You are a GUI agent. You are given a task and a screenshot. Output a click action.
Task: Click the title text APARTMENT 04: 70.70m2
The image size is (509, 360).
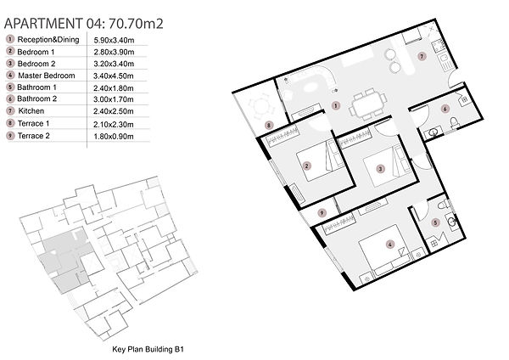coord(84,24)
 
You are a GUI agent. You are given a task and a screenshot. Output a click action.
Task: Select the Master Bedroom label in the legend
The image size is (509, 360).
coord(47,76)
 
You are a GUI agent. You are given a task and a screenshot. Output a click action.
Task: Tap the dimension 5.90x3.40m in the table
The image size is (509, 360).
coord(114,40)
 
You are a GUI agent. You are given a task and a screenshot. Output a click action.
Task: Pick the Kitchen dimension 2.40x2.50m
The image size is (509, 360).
coord(114,111)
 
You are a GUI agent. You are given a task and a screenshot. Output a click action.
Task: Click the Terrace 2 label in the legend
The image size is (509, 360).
coord(34,136)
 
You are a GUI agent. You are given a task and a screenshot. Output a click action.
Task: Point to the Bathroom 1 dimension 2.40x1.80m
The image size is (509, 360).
coord(114,88)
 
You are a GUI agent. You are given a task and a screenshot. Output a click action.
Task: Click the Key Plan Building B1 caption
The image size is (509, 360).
coord(148,349)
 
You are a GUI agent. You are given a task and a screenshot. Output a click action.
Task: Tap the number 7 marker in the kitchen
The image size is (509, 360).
coord(422,56)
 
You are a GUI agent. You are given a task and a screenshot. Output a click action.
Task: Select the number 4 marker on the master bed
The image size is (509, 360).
coord(390,245)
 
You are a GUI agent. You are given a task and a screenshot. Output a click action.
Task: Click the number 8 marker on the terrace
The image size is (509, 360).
coord(268,125)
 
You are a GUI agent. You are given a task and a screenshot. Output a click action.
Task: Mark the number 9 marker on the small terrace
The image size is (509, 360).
coord(322,213)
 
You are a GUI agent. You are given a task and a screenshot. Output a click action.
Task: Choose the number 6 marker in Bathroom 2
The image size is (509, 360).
coord(445,110)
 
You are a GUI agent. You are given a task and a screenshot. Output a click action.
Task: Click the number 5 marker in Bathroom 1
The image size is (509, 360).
coord(435,222)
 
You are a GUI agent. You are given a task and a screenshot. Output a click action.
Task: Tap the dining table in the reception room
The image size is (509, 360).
coord(368,105)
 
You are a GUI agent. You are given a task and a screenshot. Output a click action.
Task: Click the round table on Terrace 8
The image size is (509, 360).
coord(260,105)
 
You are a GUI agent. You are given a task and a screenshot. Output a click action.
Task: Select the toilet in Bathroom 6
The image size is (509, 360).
coord(455,123)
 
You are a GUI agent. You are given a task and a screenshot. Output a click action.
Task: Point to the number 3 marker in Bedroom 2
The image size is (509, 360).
coord(380,169)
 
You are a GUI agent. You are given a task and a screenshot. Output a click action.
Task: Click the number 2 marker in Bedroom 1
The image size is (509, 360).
coord(307,166)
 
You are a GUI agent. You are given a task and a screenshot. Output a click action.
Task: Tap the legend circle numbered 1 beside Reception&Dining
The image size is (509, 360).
coord(10,39)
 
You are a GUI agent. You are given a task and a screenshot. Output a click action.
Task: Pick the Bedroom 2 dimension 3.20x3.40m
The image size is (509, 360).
coord(114,64)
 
